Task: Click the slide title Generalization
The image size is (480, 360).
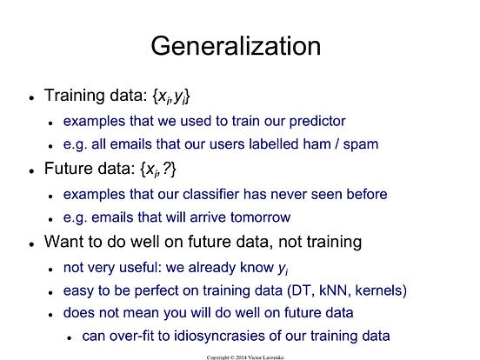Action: (x=236, y=45)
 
